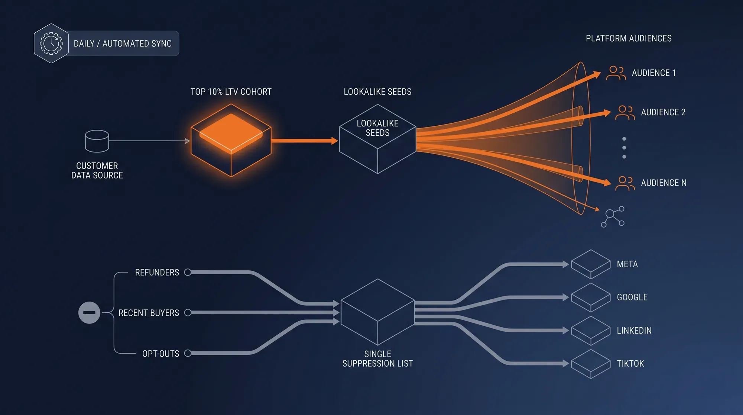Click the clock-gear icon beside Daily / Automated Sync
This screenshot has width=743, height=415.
[51, 44]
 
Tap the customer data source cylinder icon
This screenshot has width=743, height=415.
[97, 141]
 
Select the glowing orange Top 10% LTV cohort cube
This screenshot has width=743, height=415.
[231, 140]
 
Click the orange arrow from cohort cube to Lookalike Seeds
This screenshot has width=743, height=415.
[305, 141]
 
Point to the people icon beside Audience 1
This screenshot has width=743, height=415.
[616, 73]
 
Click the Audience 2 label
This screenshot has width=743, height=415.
[663, 112]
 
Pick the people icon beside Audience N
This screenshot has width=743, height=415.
[625, 183]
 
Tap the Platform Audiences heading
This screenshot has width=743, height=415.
[629, 38]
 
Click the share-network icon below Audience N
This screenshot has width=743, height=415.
[613, 217]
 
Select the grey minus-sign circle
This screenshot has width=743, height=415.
[89, 313]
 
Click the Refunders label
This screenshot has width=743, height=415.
[157, 273]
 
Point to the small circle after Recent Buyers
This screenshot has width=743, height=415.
[188, 313]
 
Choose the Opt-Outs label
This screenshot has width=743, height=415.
[160, 354]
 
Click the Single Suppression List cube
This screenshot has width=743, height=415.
[377, 312]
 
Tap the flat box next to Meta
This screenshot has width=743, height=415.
[591, 264]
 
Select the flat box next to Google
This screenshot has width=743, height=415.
[591, 297]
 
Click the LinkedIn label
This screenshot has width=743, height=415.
[634, 331]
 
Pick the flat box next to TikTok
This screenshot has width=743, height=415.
[591, 364]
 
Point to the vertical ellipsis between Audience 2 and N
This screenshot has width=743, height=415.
[624, 148]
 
